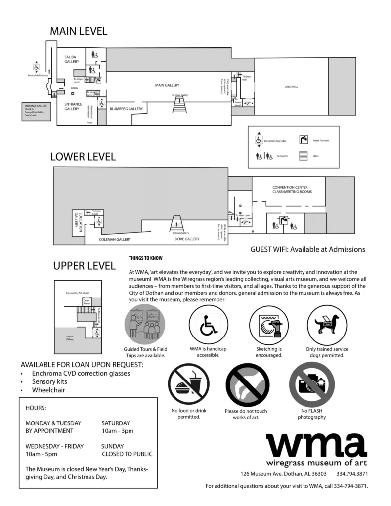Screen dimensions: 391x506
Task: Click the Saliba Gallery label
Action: point(71,60)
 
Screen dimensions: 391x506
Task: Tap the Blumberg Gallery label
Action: point(126,109)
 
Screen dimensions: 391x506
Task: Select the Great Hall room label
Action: point(291,87)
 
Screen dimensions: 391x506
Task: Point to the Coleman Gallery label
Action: point(115,240)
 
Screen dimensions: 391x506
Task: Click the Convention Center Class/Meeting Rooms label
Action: point(290,189)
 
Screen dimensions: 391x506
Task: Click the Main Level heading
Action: point(79,31)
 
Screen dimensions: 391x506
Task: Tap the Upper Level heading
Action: point(84,266)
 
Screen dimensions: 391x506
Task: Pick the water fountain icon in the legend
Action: point(304,140)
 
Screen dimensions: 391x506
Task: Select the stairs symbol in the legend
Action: point(304,155)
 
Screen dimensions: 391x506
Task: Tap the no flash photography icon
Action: point(311,384)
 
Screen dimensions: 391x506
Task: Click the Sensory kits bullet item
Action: point(49,382)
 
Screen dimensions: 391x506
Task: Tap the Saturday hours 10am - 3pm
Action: point(117,431)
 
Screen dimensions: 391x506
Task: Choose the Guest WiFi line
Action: point(307,249)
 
